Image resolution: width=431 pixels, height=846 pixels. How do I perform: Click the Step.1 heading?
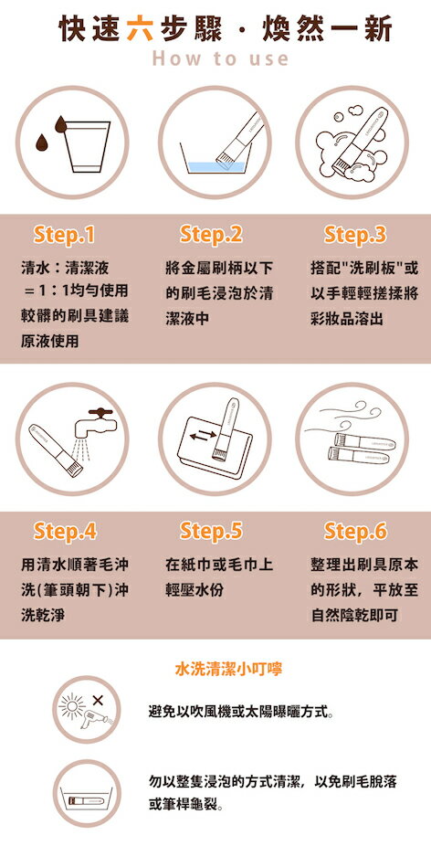[64, 235]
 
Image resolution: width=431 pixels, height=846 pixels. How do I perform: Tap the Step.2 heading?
[211, 234]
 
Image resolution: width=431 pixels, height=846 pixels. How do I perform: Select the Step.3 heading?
[355, 235]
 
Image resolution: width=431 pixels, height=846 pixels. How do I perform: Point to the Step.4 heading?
[65, 532]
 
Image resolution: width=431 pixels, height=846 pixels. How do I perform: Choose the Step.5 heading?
[211, 531]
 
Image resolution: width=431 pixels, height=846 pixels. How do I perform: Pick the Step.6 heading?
[355, 532]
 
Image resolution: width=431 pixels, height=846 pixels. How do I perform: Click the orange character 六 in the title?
[140, 29]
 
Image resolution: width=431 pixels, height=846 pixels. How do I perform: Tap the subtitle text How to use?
[220, 58]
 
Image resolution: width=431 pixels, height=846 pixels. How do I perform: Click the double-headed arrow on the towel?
[203, 436]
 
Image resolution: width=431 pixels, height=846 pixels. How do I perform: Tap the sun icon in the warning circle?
[72, 704]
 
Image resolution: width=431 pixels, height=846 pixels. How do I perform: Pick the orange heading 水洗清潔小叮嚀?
[228, 670]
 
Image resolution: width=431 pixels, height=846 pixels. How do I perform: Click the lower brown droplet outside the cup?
[41, 143]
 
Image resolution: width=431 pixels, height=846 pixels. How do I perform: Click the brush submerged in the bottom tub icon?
[87, 800]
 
